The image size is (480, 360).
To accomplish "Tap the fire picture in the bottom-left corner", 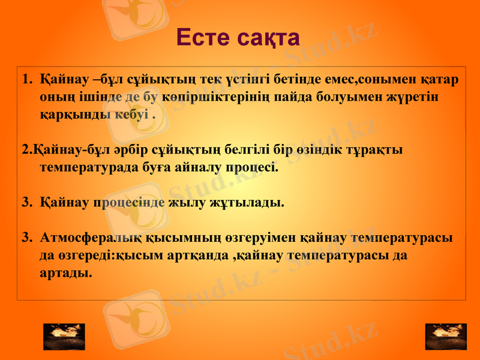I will (x=64, y=337).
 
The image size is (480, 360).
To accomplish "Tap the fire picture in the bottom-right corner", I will (x=446, y=337).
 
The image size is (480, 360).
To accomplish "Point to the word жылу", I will (x=189, y=202).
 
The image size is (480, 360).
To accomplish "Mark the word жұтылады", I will (x=247, y=202).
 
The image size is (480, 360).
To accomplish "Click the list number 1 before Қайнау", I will (x=26, y=79).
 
